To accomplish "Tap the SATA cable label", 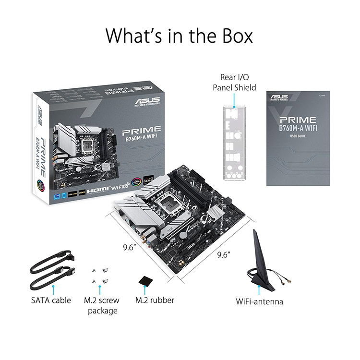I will (x=50, y=300).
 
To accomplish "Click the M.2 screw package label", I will (x=101, y=305).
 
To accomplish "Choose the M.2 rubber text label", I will (x=155, y=300).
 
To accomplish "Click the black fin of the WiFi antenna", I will (x=259, y=259).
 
